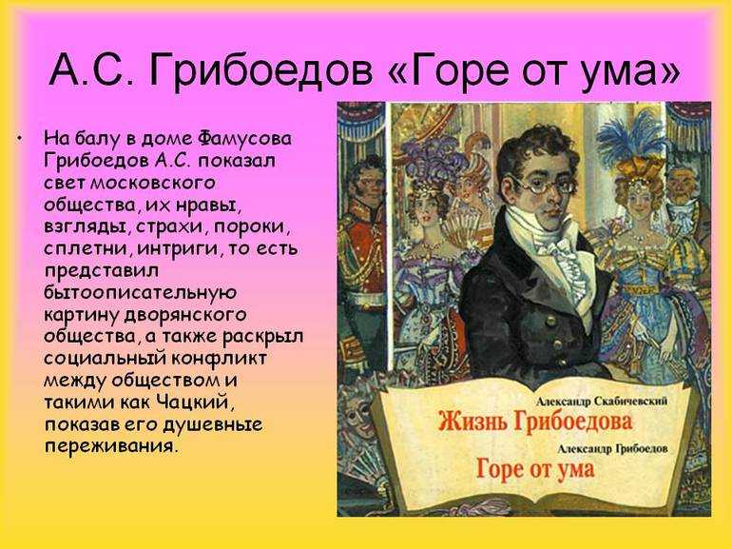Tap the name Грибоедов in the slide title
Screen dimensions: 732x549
pyautogui.click(x=261, y=71)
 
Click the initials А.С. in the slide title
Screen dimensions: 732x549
pyautogui.click(x=92, y=70)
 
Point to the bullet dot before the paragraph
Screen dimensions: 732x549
pyautogui.click(x=19, y=139)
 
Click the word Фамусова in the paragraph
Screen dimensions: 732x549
pyautogui.click(x=244, y=139)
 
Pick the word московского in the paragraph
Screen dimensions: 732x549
pyautogui.click(x=153, y=183)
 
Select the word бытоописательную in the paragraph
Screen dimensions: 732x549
pyautogui.click(x=141, y=292)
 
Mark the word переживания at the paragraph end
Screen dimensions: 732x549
pyautogui.click(x=111, y=446)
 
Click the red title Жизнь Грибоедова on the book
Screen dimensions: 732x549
pyautogui.click(x=535, y=422)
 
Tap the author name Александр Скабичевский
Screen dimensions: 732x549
pyautogui.click(x=601, y=402)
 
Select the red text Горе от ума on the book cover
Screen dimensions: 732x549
pyautogui.click(x=535, y=469)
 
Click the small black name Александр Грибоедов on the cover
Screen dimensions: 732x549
pyautogui.click(x=612, y=448)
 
